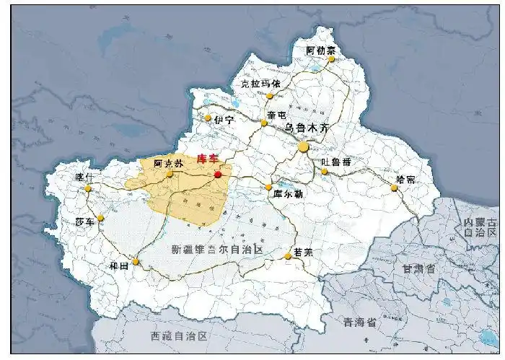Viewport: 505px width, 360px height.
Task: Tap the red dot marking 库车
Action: [x=218, y=174]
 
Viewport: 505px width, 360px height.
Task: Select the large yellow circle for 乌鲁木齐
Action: [x=304, y=147]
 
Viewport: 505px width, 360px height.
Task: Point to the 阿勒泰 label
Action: [x=320, y=50]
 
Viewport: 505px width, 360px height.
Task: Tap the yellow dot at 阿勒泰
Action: [x=332, y=59]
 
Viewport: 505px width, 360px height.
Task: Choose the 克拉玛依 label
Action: [x=260, y=84]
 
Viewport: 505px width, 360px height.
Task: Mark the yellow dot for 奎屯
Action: [x=264, y=123]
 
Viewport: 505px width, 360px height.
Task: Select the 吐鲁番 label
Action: [x=337, y=162]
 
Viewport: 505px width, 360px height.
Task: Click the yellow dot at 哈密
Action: [x=394, y=188]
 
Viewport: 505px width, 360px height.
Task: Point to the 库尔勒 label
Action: [x=288, y=193]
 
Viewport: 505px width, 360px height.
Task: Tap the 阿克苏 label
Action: [x=167, y=163]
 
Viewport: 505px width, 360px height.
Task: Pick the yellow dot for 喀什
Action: [x=88, y=188]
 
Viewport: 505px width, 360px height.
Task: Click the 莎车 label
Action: [x=85, y=221]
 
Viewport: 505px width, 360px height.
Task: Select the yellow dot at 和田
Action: [x=136, y=261]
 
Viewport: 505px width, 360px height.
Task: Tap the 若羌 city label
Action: [x=304, y=253]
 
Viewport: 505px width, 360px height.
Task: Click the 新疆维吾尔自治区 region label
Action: [x=216, y=249]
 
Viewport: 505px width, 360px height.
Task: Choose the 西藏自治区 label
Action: [x=179, y=336]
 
